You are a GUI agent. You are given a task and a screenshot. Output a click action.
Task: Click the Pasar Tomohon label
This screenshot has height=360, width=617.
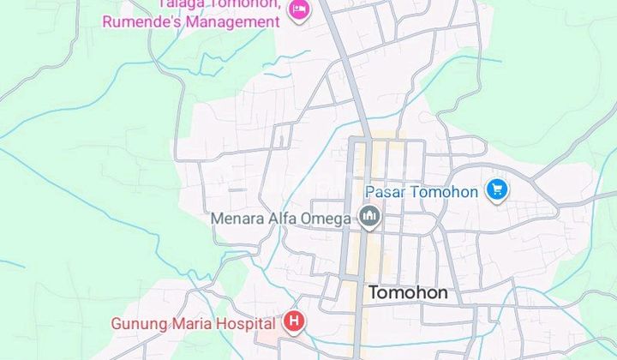[x=421, y=191]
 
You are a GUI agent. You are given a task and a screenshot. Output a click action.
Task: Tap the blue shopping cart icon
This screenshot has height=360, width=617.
[x=496, y=190]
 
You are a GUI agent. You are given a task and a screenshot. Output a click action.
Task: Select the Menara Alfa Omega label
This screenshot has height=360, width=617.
[x=281, y=219]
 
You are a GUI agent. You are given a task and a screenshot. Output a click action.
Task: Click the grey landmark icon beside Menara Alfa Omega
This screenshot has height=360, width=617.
[x=370, y=219]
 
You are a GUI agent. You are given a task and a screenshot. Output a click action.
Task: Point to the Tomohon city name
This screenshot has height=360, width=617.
[x=408, y=293]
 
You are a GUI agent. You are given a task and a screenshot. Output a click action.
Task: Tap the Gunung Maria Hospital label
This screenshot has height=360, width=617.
[x=194, y=323]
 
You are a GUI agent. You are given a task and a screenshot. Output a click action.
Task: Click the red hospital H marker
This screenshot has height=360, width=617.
[x=294, y=322]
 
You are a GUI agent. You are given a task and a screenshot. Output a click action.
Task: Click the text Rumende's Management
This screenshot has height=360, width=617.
[x=191, y=21]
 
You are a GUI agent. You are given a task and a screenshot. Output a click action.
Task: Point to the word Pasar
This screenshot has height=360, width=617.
[x=385, y=191]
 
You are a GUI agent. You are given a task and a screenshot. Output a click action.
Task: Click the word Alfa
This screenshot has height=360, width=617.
[x=283, y=219]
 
